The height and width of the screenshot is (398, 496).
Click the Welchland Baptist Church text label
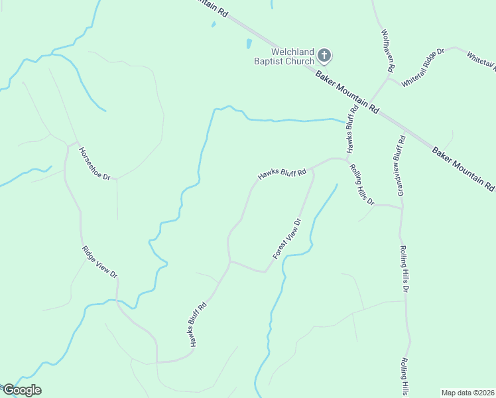pos(292,57)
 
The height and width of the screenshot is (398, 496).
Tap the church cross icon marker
pos(324,54)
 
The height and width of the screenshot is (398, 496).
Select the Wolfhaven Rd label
pos(388,50)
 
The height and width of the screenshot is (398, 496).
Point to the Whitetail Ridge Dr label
pos(422,67)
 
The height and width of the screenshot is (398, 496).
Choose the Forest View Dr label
pos(287,239)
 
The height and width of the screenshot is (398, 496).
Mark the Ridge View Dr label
pos(99,261)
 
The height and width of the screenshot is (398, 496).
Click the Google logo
pos(21,390)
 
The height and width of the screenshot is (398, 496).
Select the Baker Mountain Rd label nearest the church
pos(347,91)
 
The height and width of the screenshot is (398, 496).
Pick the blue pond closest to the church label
pos(249,44)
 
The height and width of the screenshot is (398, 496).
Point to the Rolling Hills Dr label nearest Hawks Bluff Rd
pos(362,184)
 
